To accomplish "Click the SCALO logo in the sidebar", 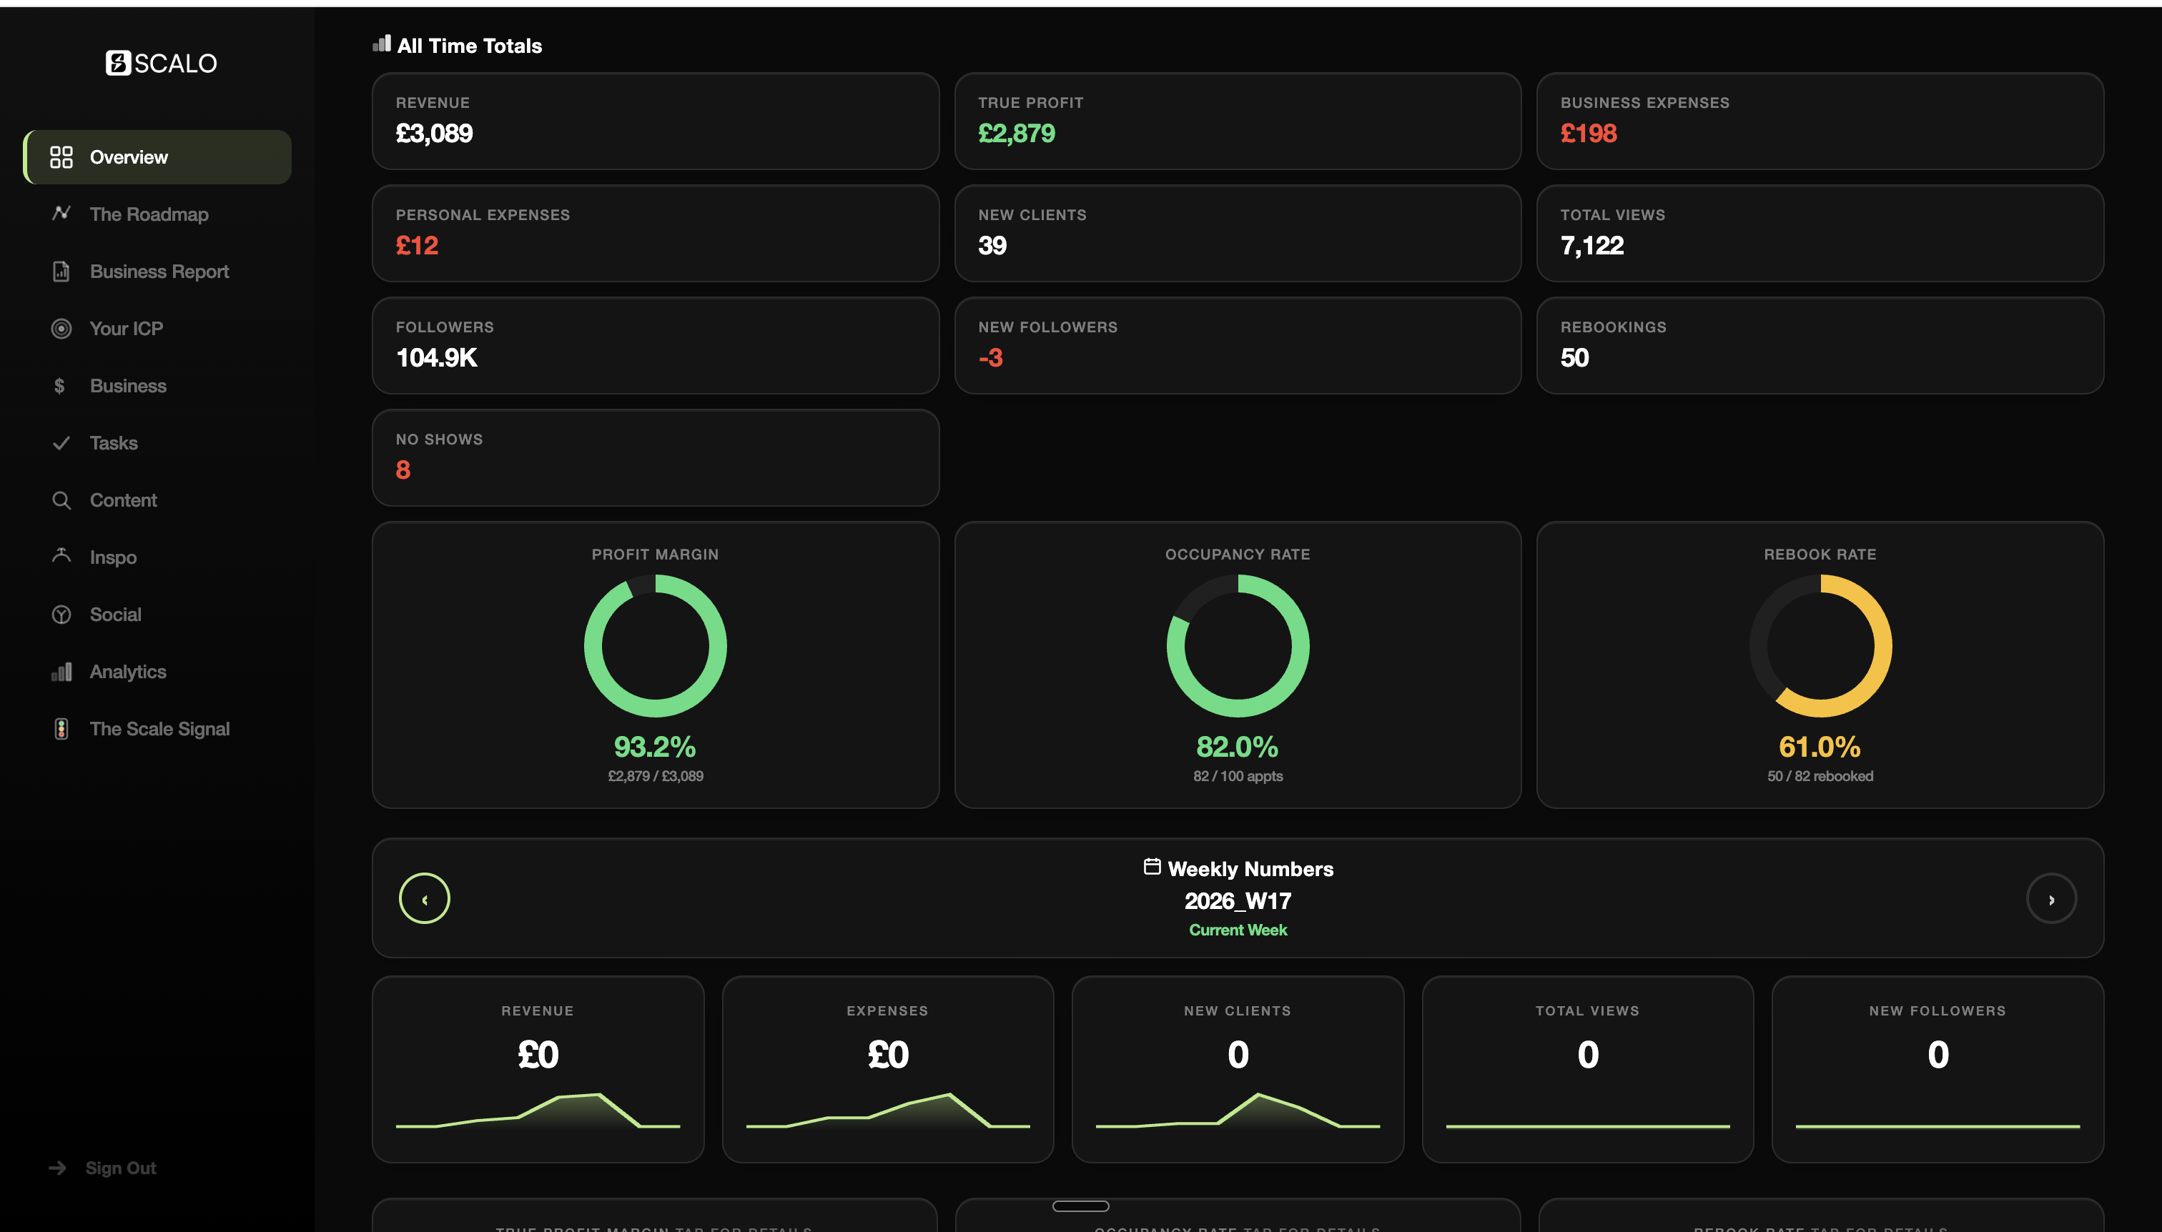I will point(161,63).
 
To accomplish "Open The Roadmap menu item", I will point(148,214).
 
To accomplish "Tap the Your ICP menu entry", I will point(125,328).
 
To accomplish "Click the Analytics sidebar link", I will point(127,672).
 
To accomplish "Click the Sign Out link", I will point(119,1168).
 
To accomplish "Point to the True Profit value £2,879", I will point(1016,133).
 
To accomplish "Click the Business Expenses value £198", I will point(1588,133).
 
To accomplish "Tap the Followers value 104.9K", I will point(436,357).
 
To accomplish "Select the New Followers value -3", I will point(989,357).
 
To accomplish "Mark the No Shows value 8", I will point(403,470).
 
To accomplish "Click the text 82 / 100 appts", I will point(1237,776).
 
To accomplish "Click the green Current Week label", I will point(1237,930).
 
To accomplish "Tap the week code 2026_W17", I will point(1237,900).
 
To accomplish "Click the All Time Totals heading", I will point(469,46).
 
